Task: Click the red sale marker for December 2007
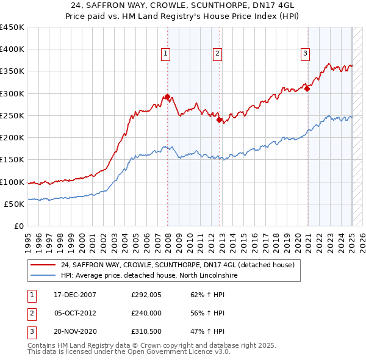(167, 96)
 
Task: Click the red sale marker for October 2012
(219, 120)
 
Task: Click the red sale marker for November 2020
(307, 88)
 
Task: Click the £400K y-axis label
(12, 49)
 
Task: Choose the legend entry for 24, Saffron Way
(178, 265)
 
